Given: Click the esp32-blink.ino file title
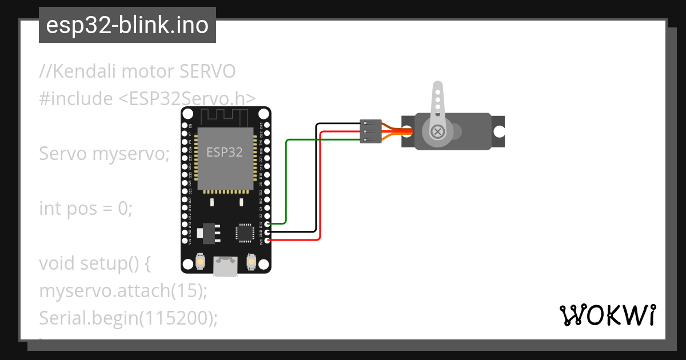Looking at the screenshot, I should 127,26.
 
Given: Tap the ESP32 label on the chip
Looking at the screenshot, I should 224,152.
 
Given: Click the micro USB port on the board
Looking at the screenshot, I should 225,266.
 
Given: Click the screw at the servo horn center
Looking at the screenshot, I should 438,131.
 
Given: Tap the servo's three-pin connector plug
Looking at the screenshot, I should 370,131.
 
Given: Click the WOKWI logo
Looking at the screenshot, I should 607,315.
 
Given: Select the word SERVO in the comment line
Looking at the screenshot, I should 207,72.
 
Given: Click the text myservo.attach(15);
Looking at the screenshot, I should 123,290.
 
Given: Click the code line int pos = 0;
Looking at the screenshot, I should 86,209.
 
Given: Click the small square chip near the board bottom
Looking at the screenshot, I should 245,233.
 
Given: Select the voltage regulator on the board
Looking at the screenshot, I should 207,233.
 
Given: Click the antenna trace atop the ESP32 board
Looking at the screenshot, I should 225,117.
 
